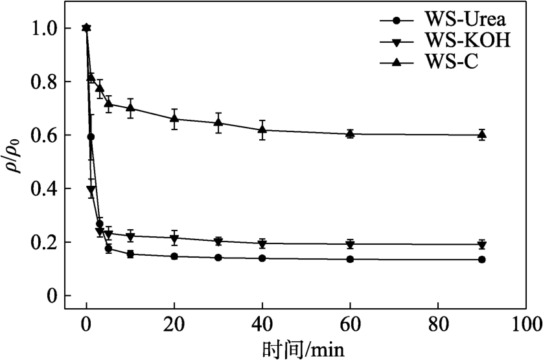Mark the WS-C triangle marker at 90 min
point(481,135)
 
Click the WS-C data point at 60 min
point(350,133)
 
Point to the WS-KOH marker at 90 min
point(481,245)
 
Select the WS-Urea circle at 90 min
point(481,260)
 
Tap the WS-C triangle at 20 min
point(174,118)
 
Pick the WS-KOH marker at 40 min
point(262,244)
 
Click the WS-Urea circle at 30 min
point(218,258)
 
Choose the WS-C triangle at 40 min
point(262,129)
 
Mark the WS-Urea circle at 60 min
point(350,259)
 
